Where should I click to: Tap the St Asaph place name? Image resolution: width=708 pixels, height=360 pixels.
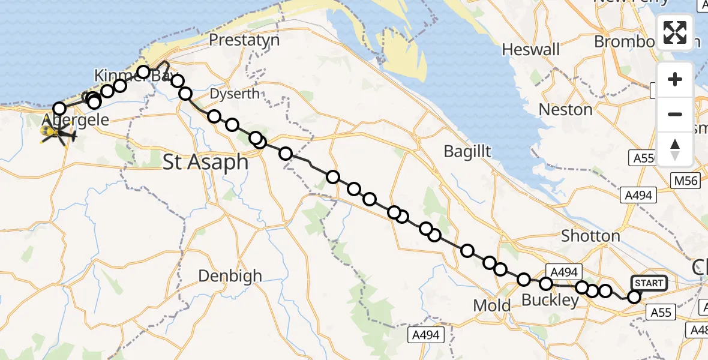pyautogui.click(x=206, y=161)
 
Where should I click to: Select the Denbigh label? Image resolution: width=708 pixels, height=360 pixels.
pyautogui.click(x=230, y=276)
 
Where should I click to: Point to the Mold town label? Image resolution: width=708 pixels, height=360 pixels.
pyautogui.click(x=492, y=305)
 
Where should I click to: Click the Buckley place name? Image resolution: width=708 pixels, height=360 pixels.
pyautogui.click(x=550, y=300)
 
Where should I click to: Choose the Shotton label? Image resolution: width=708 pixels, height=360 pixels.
pyautogui.click(x=590, y=236)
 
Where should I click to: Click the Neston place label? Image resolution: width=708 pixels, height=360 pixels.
pyautogui.click(x=565, y=110)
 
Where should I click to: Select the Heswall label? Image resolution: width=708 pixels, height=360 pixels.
pyautogui.click(x=531, y=49)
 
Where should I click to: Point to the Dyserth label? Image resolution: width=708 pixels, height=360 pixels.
pyautogui.click(x=235, y=94)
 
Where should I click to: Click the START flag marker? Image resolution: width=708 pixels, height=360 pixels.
pyautogui.click(x=648, y=283)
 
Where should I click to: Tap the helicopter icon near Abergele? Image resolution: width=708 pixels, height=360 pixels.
pyautogui.click(x=57, y=134)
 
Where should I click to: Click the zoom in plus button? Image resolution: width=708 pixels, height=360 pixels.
pyautogui.click(x=675, y=80)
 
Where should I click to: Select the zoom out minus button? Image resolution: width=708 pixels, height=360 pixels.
pyautogui.click(x=675, y=114)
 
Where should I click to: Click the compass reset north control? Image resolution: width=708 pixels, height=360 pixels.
pyautogui.click(x=675, y=149)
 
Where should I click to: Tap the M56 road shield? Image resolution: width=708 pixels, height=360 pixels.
pyautogui.click(x=685, y=181)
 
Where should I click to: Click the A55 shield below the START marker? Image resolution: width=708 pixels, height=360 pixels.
pyautogui.click(x=661, y=312)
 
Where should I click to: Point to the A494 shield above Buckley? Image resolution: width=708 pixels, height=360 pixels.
pyautogui.click(x=562, y=272)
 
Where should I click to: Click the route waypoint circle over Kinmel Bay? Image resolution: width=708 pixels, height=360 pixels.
pyautogui.click(x=143, y=73)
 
